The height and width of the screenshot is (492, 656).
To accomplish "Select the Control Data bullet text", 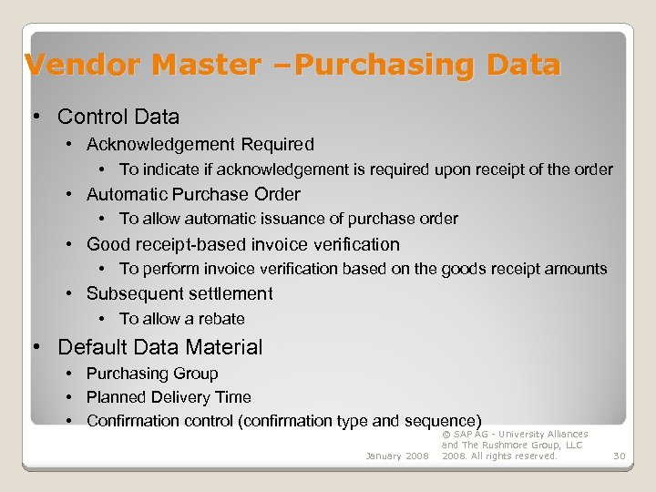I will (x=118, y=117).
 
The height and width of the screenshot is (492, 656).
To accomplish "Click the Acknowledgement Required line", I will (x=200, y=144).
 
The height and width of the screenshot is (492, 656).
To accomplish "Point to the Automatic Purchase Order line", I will (x=193, y=194).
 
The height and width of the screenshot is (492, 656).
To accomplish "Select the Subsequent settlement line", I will (x=179, y=293).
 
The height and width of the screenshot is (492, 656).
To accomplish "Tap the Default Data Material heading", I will (x=159, y=347).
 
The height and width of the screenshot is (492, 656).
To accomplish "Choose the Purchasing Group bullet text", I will (x=152, y=374).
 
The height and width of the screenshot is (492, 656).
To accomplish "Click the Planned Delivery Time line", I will (x=169, y=397).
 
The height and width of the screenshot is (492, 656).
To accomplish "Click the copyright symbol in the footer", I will (x=446, y=435).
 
